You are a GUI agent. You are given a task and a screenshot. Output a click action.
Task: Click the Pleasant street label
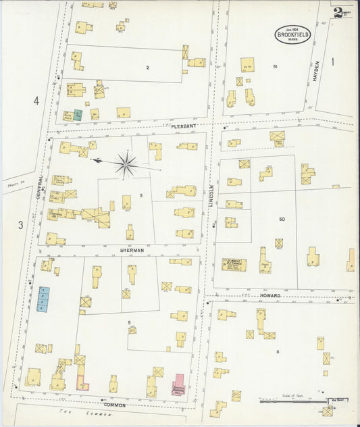[183, 126]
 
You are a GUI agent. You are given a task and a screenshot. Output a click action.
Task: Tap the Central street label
[41, 187]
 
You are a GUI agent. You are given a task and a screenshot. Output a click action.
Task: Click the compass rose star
[126, 164]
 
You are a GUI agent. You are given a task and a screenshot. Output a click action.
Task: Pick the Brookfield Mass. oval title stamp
[292, 34]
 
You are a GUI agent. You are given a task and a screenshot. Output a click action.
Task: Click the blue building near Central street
[43, 299]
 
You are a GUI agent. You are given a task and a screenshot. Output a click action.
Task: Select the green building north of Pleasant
[78, 115]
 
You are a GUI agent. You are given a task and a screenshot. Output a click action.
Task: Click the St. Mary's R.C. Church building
[234, 265]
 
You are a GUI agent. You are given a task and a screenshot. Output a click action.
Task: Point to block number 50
[282, 220]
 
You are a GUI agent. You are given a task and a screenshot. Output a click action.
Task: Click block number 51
[275, 66]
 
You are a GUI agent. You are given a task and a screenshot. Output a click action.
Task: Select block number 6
[277, 352]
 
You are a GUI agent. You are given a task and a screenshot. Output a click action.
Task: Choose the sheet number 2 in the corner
[337, 11]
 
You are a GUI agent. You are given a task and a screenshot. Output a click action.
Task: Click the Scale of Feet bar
[290, 401]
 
